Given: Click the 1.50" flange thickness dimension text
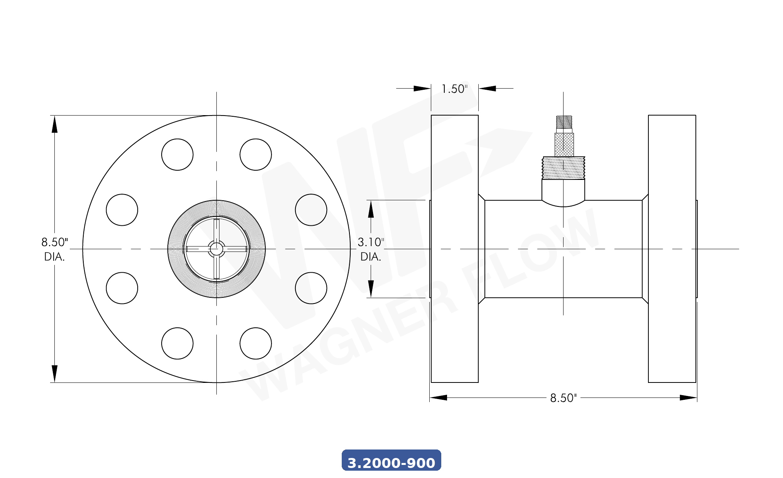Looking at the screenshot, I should pyautogui.click(x=454, y=89).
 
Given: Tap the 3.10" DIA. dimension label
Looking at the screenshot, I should pyautogui.click(x=371, y=249).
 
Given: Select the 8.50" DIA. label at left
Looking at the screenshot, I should pyautogui.click(x=54, y=249).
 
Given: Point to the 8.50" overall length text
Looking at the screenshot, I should pyautogui.click(x=563, y=398).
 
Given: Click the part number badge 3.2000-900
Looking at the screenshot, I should pyautogui.click(x=391, y=461).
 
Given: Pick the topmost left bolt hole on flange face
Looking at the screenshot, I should pyautogui.click(x=177, y=154).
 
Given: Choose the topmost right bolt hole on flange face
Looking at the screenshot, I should pyautogui.click(x=255, y=154).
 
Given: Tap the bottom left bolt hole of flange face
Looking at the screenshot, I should pyautogui.click(x=177, y=343).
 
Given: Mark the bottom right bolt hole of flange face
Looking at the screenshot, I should pyautogui.click(x=255, y=343).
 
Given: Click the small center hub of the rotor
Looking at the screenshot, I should pyautogui.click(x=216, y=249).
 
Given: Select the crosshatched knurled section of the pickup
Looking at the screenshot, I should pyautogui.click(x=564, y=144).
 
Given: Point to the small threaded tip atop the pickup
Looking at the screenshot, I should pyautogui.click(x=564, y=122).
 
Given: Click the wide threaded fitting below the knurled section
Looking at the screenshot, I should pyautogui.click(x=564, y=168).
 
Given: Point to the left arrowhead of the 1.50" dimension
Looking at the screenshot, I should pyautogui.click(x=422, y=88).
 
